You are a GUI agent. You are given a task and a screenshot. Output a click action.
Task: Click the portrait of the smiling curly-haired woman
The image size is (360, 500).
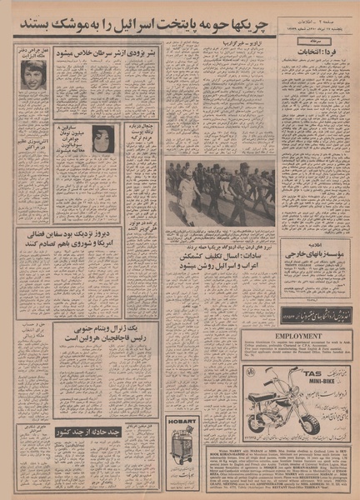pyautogui.click(x=33, y=74)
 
